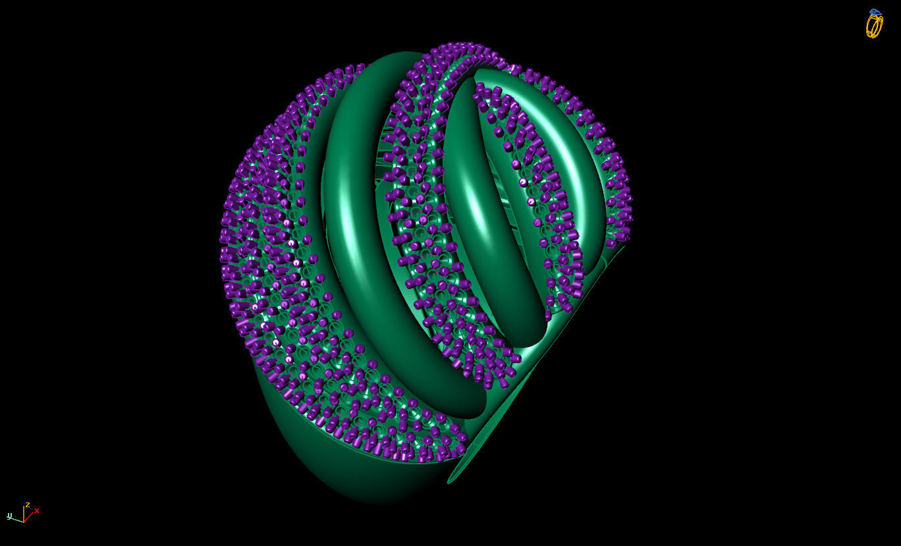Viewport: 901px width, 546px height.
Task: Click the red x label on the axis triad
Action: click(x=37, y=510)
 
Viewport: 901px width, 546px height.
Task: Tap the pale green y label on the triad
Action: click(x=10, y=516)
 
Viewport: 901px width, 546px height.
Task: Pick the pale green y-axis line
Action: click(x=17, y=520)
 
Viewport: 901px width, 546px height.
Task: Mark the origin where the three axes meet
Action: click(x=24, y=522)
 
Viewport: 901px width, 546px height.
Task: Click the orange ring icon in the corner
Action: click(x=873, y=26)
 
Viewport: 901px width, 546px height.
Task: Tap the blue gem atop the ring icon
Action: click(x=875, y=12)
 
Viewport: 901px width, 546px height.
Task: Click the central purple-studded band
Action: click(x=422, y=217)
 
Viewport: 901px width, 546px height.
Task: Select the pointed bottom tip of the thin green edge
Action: click(x=450, y=481)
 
